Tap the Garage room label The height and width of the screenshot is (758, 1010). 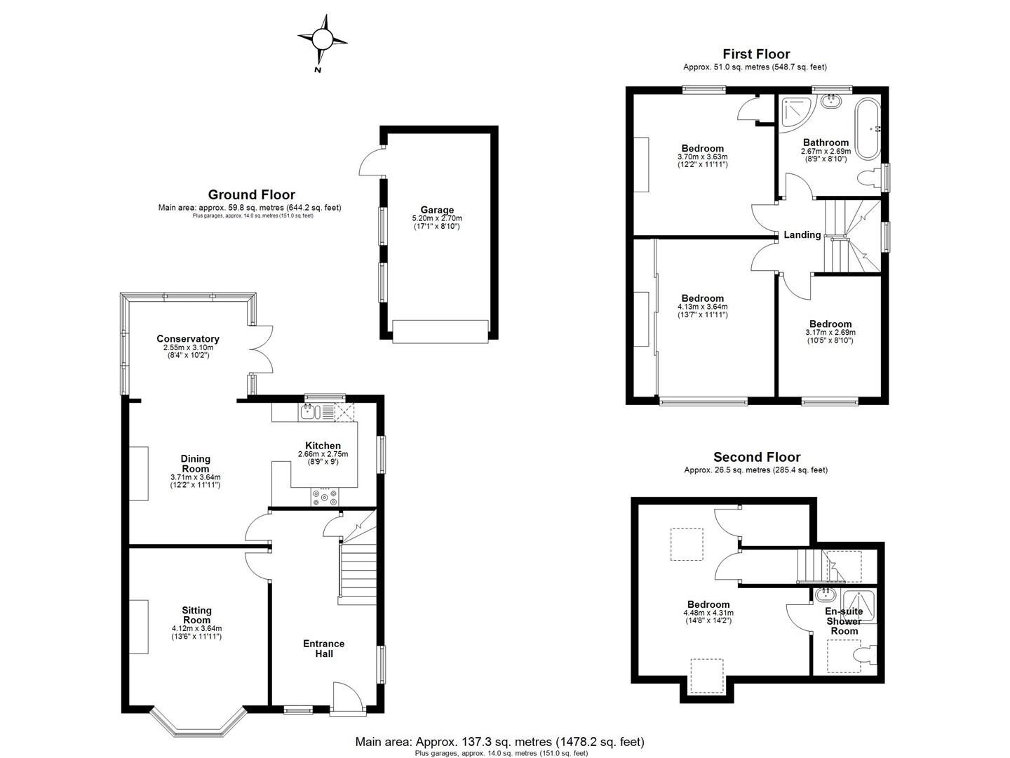(x=437, y=210)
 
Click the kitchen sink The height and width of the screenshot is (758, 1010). (x=309, y=412)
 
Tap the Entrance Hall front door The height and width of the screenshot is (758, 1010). (x=347, y=700)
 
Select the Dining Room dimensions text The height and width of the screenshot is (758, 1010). (x=196, y=481)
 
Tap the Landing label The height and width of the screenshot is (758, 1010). (x=802, y=235)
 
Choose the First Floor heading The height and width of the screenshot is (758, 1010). (x=756, y=54)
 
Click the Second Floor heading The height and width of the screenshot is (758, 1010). (x=756, y=457)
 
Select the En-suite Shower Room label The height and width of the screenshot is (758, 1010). (x=844, y=621)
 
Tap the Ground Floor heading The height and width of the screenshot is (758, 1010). (x=251, y=195)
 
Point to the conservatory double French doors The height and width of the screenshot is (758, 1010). (x=262, y=350)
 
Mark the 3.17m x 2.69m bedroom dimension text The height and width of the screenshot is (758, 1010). (x=830, y=333)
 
